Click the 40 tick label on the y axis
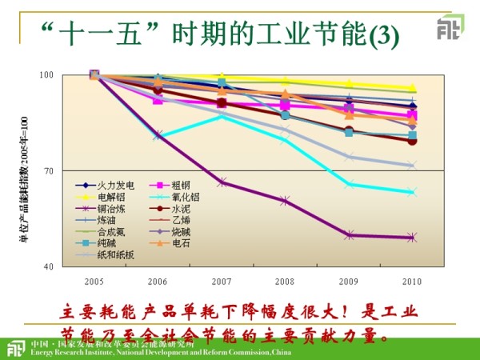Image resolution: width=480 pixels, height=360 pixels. tap(47, 266)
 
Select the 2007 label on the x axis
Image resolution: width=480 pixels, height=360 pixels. tap(221, 282)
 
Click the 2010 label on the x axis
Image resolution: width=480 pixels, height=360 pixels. tap(411, 282)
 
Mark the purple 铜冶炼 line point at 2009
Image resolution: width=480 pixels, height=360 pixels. tap(349, 235)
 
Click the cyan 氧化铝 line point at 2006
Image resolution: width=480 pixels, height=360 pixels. tap(158, 136)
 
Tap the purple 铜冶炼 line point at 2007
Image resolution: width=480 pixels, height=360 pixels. tap(222, 182)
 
